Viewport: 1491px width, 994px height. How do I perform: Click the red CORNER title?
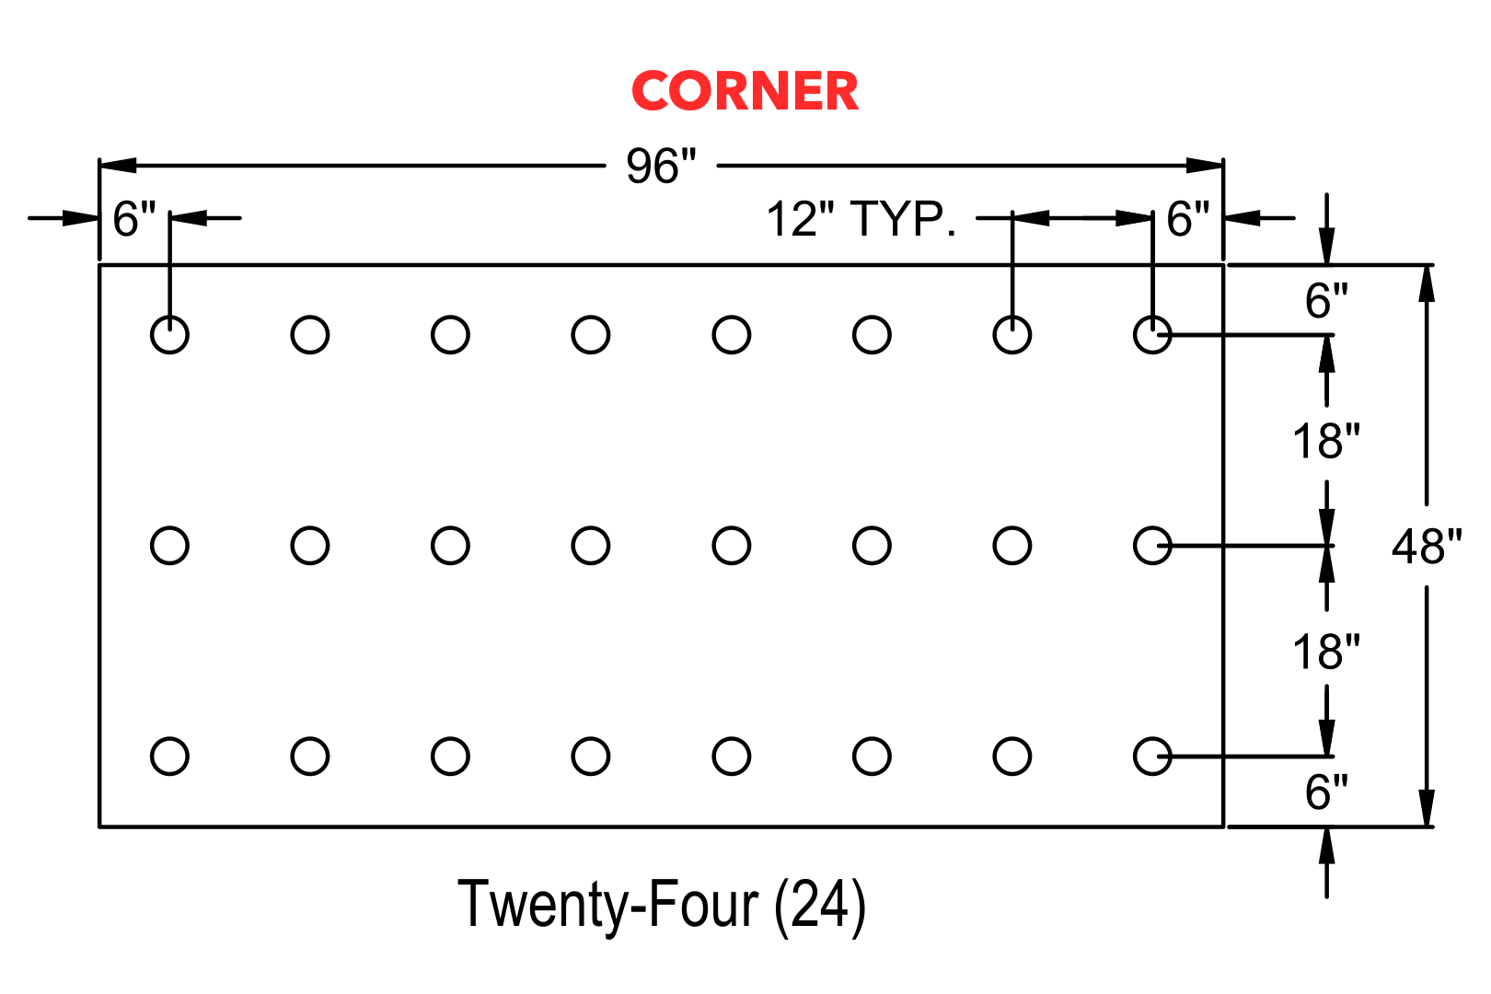pos(745,90)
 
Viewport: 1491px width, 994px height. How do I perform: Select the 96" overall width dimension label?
pos(661,166)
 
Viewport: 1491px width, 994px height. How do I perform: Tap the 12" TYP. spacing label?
pos(861,218)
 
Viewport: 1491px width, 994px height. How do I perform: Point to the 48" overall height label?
pos(1427,547)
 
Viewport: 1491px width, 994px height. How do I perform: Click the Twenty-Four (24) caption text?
pos(662,905)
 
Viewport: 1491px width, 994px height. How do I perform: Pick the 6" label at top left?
pos(133,218)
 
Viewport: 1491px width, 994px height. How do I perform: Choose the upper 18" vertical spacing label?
pos(1326,441)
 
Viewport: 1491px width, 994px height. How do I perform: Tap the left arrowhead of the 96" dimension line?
pos(118,165)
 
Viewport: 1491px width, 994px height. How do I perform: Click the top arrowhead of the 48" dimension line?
pos(1427,283)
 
